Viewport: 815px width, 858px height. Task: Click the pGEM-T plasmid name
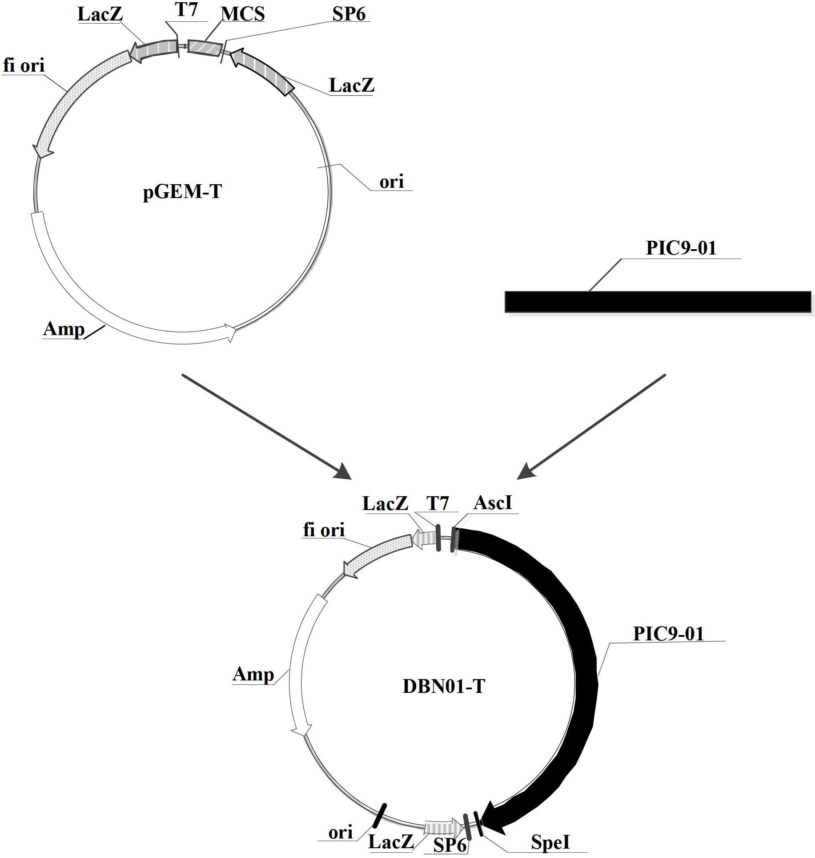(x=182, y=192)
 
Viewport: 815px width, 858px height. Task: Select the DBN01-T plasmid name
(x=443, y=686)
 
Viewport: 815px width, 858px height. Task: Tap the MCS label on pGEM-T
(x=243, y=14)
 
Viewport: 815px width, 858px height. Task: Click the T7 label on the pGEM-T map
(x=186, y=10)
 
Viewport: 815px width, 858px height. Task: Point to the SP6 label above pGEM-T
(x=349, y=14)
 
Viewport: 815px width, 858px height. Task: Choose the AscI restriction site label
(x=493, y=502)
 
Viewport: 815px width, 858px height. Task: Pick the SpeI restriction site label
(x=550, y=842)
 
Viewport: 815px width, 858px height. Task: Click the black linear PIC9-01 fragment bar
(x=658, y=302)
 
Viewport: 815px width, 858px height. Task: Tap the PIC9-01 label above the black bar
(x=681, y=247)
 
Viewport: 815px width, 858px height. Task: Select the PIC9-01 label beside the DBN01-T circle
(x=668, y=633)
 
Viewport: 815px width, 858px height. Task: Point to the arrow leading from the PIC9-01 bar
(x=591, y=427)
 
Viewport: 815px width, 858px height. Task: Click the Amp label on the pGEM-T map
(x=64, y=330)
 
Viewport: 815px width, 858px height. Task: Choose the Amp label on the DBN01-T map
(x=253, y=675)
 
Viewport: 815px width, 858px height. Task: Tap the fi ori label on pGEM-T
(x=24, y=66)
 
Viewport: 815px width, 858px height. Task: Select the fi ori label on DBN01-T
(x=324, y=530)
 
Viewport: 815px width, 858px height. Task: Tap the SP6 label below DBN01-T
(x=450, y=845)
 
